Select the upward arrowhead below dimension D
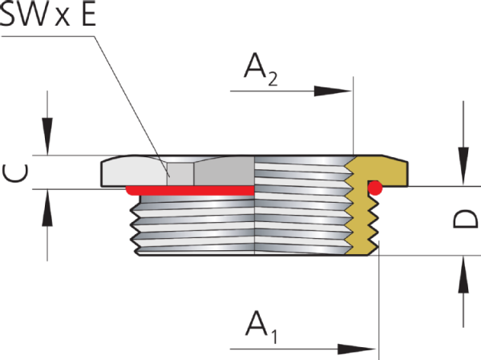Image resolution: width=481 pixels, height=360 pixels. pyautogui.click(x=462, y=277)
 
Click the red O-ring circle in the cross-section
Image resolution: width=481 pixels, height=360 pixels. pyautogui.click(x=374, y=188)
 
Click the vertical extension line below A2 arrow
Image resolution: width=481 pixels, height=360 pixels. pyautogui.click(x=353, y=120)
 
